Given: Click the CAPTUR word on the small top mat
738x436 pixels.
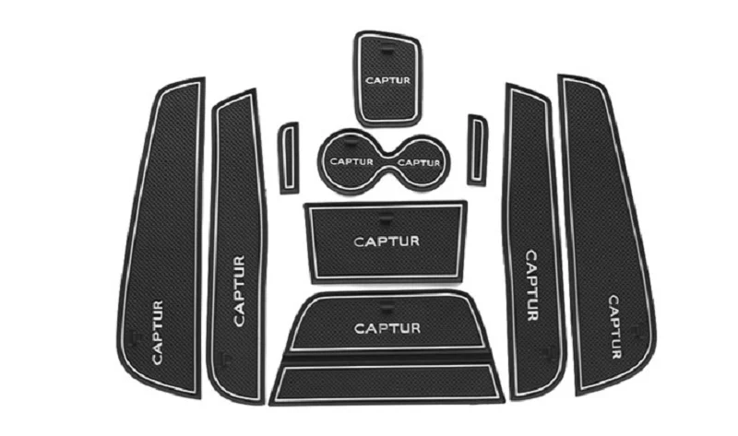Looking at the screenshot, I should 387,79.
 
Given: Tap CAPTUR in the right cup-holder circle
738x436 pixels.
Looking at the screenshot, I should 419,162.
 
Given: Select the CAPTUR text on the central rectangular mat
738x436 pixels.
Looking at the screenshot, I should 387,242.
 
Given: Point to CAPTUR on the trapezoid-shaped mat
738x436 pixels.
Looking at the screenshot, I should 387,327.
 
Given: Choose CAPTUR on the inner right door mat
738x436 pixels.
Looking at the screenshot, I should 531,285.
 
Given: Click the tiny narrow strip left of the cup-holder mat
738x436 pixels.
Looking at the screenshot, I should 290,155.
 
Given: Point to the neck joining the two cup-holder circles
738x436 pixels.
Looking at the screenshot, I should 386,158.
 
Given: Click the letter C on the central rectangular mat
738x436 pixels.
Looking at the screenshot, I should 360,242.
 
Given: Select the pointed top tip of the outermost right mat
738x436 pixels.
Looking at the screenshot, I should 565,78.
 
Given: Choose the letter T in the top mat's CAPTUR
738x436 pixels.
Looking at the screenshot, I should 392,79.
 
